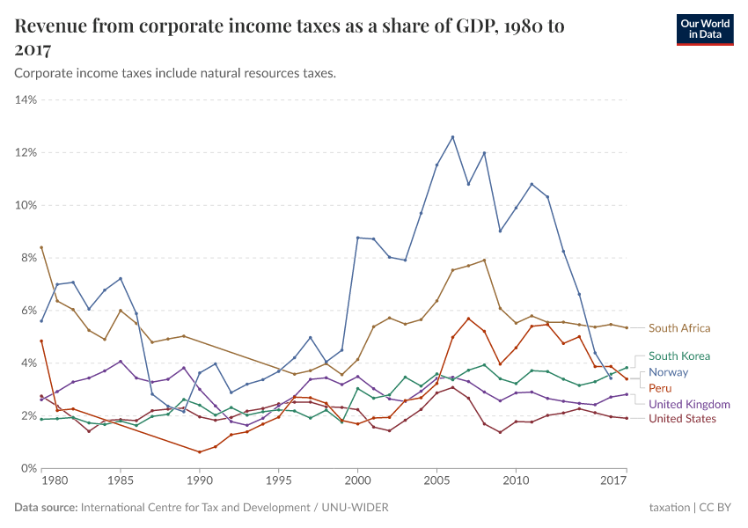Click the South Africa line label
pos(678,328)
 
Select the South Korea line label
pos(678,356)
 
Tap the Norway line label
pos(668,372)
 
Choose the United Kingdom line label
pos(689,404)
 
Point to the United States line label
pos(682,418)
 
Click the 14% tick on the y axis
pos(26,100)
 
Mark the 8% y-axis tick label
pos(26,258)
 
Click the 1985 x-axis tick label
pos(121,481)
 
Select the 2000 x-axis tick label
pos(357,481)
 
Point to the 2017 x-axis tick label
pos(613,481)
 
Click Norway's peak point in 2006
pos(452,137)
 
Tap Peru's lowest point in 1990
pos(200,452)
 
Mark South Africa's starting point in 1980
pos(41,247)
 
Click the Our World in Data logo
pos(703,29)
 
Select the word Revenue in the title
pos(54,26)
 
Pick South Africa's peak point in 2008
pos(484,260)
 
